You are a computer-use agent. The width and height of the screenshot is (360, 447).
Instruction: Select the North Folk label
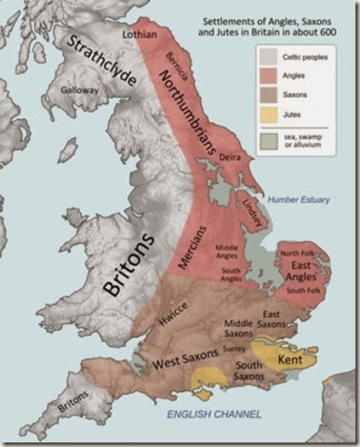click(x=298, y=253)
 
